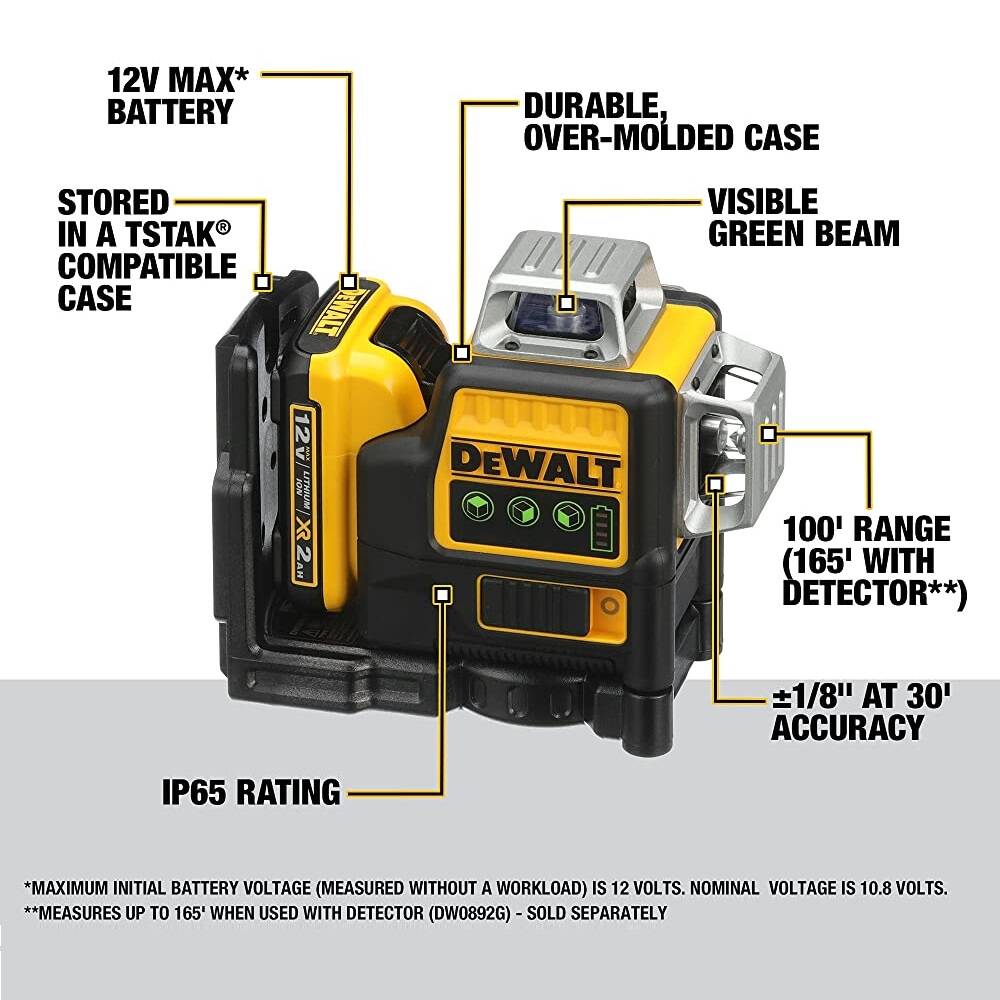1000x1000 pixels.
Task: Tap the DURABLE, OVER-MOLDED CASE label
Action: click(671, 120)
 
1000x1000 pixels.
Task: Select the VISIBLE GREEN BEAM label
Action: click(803, 216)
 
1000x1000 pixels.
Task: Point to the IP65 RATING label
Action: click(251, 792)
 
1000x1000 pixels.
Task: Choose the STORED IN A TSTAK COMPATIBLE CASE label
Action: click(146, 250)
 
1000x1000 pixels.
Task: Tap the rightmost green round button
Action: click(567, 514)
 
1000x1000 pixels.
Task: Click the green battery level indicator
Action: click(601, 526)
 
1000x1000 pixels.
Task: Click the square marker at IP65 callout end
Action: click(442, 594)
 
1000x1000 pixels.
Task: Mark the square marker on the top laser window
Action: click(566, 302)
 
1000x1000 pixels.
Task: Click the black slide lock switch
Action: click(530, 605)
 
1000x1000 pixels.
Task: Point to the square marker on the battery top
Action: click(349, 282)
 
